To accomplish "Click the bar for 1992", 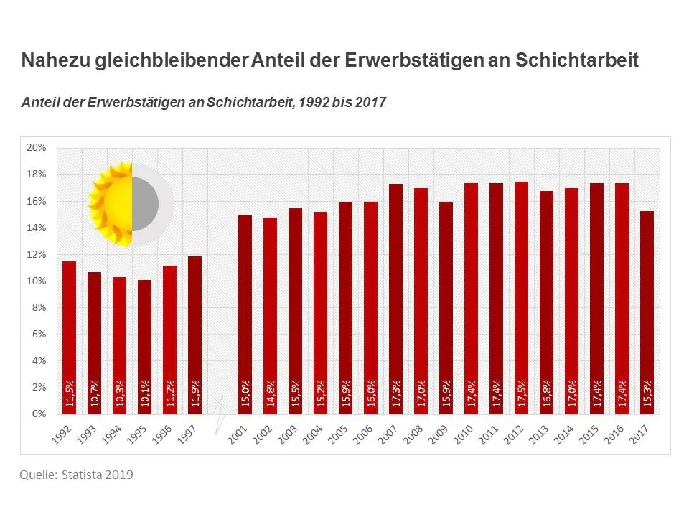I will point(69,337).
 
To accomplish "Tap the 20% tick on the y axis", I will point(36,148).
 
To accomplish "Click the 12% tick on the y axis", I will point(36,255).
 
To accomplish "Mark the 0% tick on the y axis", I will point(39,414).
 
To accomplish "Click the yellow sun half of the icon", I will point(111,205).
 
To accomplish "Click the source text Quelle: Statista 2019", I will point(76,475).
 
